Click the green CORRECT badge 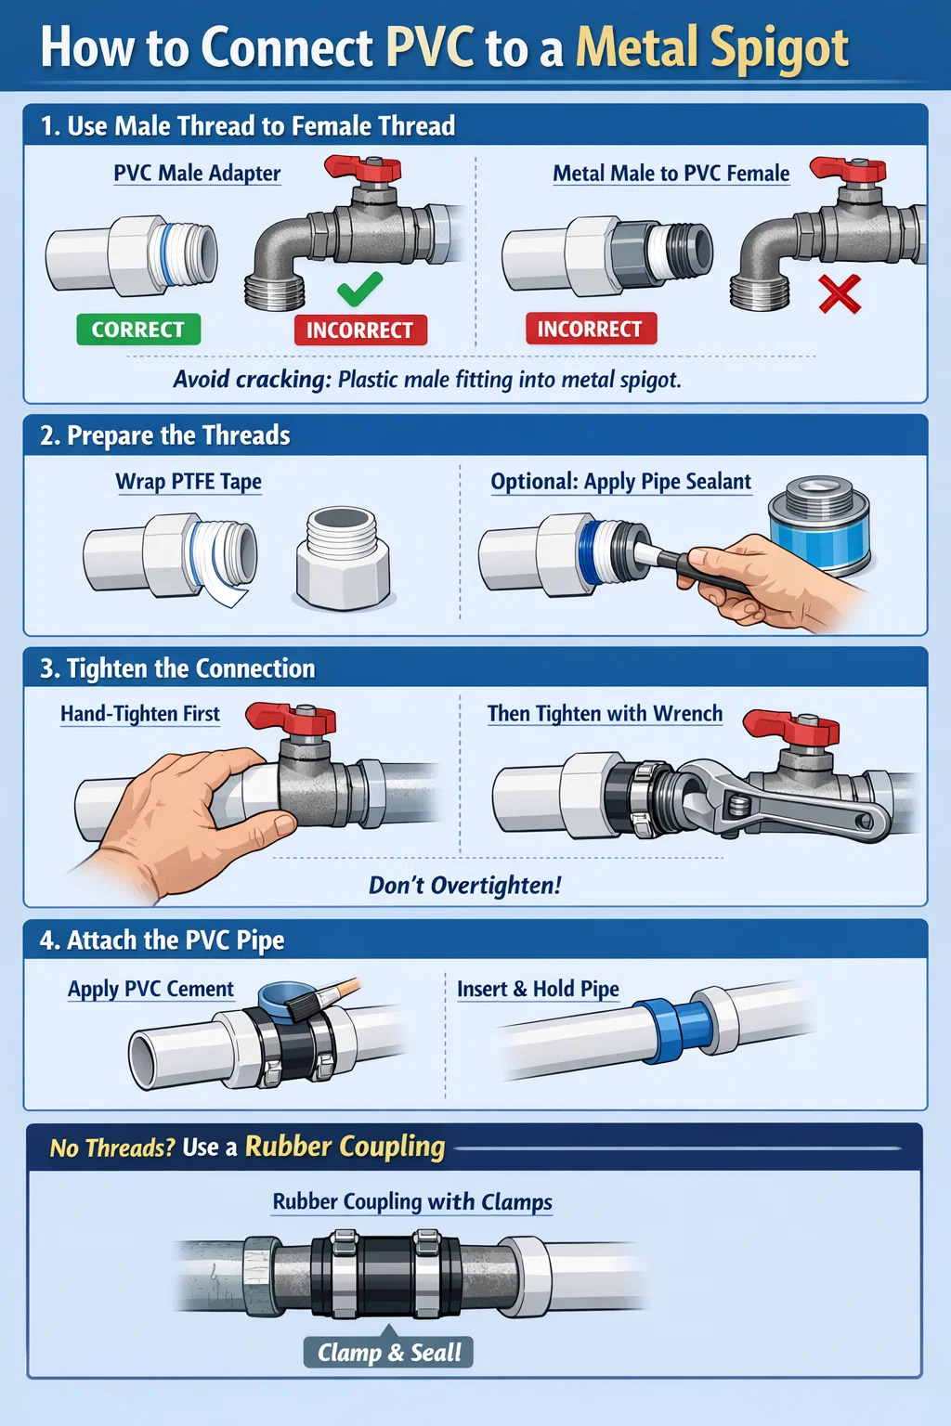[138, 330]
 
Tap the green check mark [360, 290]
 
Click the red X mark [840, 293]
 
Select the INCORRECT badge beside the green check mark [360, 330]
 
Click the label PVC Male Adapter [197, 174]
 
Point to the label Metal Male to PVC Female [671, 174]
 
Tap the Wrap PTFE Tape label [189, 482]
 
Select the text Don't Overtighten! [465, 885]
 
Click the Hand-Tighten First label [140, 714]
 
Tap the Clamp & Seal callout [388, 1352]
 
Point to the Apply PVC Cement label [151, 990]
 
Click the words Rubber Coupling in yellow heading [345, 1147]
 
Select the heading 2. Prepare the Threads [165, 435]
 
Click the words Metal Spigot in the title [712, 47]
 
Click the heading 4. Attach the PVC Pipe [162, 940]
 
